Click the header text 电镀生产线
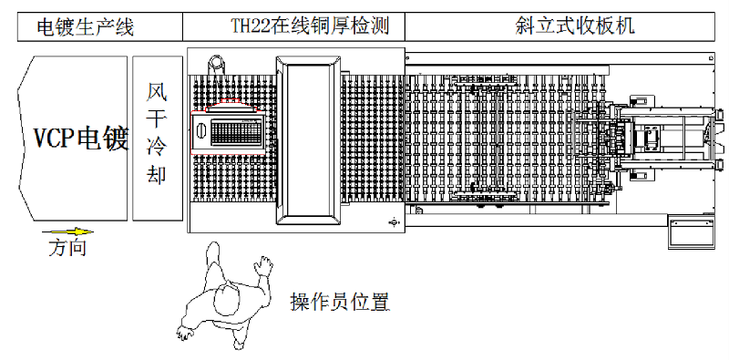click(x=85, y=26)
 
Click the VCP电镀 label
click(x=81, y=139)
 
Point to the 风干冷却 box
click(x=157, y=138)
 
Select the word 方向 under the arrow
click(x=67, y=248)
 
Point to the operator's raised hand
click(x=264, y=265)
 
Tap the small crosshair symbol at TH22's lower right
click(x=393, y=221)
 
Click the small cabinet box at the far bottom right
click(x=690, y=233)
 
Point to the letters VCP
click(x=54, y=139)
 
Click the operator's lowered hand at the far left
click(x=184, y=333)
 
